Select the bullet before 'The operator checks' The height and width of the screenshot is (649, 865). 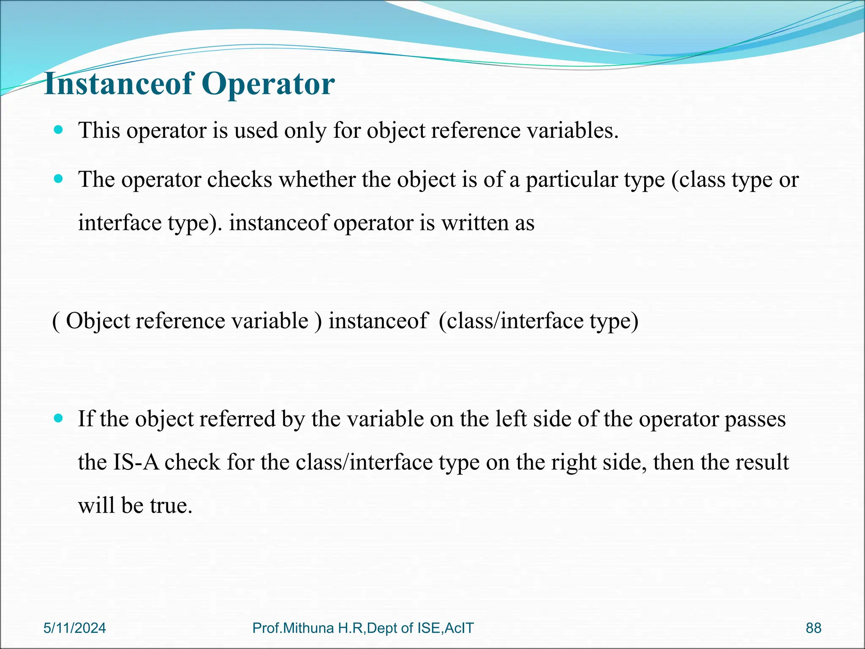pos(59,179)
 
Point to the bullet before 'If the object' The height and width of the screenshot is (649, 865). pos(59,418)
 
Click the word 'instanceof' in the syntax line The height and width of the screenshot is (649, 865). pos(378,320)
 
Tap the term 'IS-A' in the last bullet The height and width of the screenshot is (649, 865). pos(136,462)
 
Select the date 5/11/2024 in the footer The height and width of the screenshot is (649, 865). pos(75,628)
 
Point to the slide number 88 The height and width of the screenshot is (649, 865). pos(813,628)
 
